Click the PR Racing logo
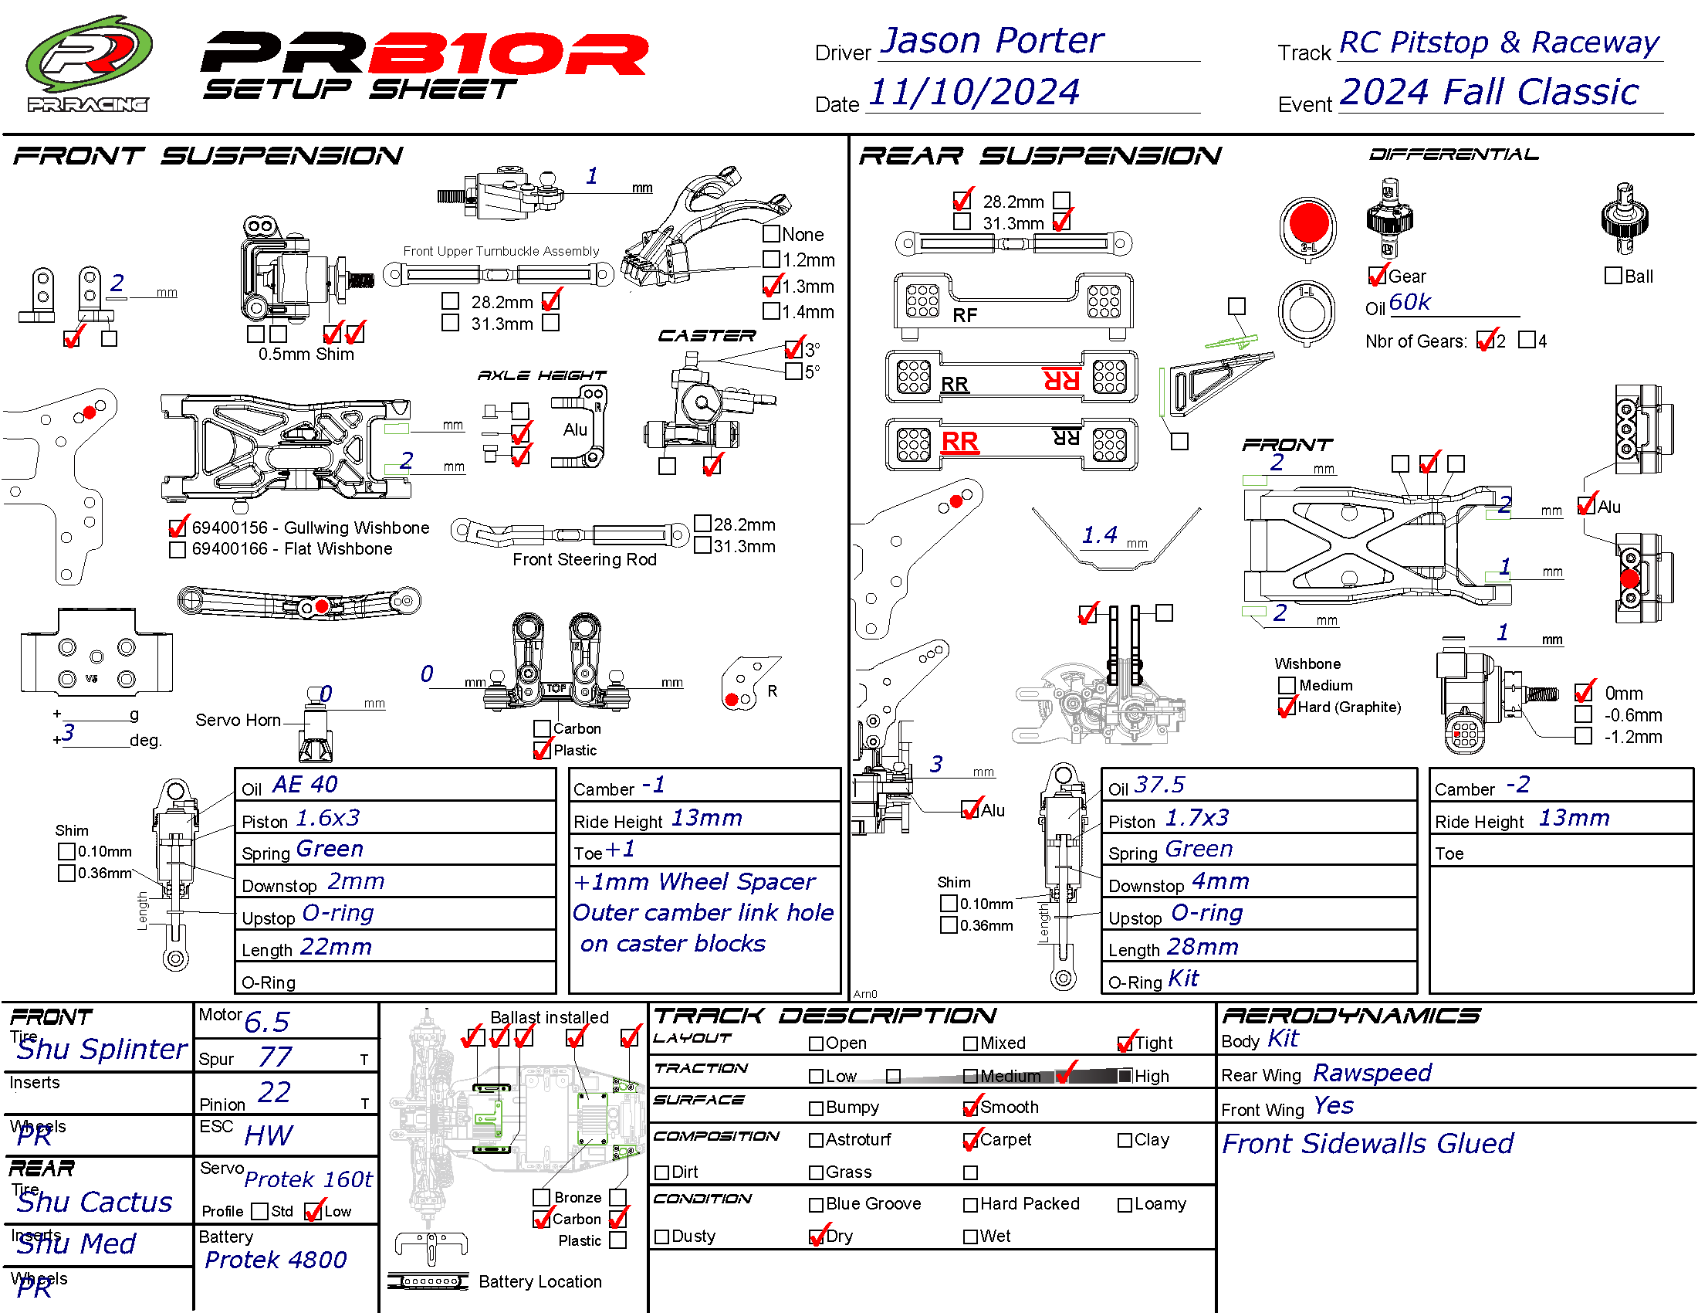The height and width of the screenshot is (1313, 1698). [x=88, y=63]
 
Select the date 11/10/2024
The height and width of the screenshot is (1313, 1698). [x=973, y=92]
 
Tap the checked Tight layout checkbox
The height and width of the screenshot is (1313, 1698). [x=1125, y=1043]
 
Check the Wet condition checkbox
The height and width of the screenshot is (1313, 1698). [x=970, y=1237]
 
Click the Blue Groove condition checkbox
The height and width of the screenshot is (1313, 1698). [x=817, y=1205]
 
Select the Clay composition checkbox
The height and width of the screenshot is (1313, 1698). [x=1125, y=1140]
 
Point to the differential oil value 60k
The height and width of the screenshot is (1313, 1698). [x=1409, y=302]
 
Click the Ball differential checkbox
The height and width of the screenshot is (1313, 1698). [x=1613, y=277]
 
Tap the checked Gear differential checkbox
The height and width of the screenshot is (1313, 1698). [x=1377, y=277]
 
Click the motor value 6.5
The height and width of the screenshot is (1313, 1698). [x=267, y=1022]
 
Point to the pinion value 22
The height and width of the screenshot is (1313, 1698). [x=274, y=1093]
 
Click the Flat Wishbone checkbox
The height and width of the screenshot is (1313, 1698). [x=178, y=550]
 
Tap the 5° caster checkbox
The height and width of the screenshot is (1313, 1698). [x=793, y=372]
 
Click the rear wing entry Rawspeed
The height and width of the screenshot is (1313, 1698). [x=1372, y=1074]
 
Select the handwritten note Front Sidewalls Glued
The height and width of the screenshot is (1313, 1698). [x=1368, y=1143]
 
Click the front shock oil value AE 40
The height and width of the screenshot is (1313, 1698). [x=305, y=785]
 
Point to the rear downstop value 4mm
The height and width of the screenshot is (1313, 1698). [x=1219, y=882]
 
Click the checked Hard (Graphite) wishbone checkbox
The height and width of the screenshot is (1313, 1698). [x=1287, y=707]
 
